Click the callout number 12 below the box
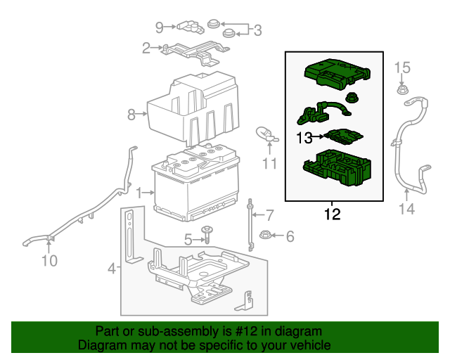(332, 214)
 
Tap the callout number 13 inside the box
(304, 139)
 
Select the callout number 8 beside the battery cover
(131, 113)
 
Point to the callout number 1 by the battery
(140, 191)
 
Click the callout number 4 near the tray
(110, 268)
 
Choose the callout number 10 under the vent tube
(49, 262)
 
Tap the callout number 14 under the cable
(408, 209)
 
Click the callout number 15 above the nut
(401, 67)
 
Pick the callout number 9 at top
(160, 27)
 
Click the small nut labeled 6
(266, 236)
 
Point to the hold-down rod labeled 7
(250, 224)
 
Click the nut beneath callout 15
(401, 89)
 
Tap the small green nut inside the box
(350, 98)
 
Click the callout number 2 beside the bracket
(146, 49)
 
